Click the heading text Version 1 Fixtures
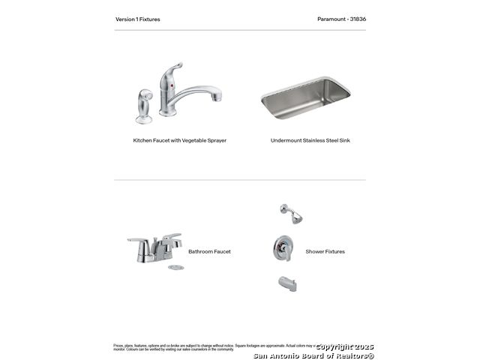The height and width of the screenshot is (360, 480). tap(137, 19)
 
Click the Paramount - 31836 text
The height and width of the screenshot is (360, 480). tap(341, 19)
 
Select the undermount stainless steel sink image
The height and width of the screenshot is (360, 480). tap(305, 97)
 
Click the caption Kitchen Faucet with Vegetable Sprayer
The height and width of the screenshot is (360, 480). tap(179, 140)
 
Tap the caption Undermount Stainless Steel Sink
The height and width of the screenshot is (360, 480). tap(310, 140)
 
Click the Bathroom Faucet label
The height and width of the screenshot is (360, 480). tap(209, 252)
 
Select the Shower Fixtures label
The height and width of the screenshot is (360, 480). tap(325, 252)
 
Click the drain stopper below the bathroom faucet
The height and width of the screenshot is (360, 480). tap(175, 267)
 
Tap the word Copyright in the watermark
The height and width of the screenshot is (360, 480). tap(334, 346)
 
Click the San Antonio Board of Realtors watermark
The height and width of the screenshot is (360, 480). tap(313, 355)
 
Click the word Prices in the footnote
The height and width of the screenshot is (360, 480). tap(118, 346)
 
